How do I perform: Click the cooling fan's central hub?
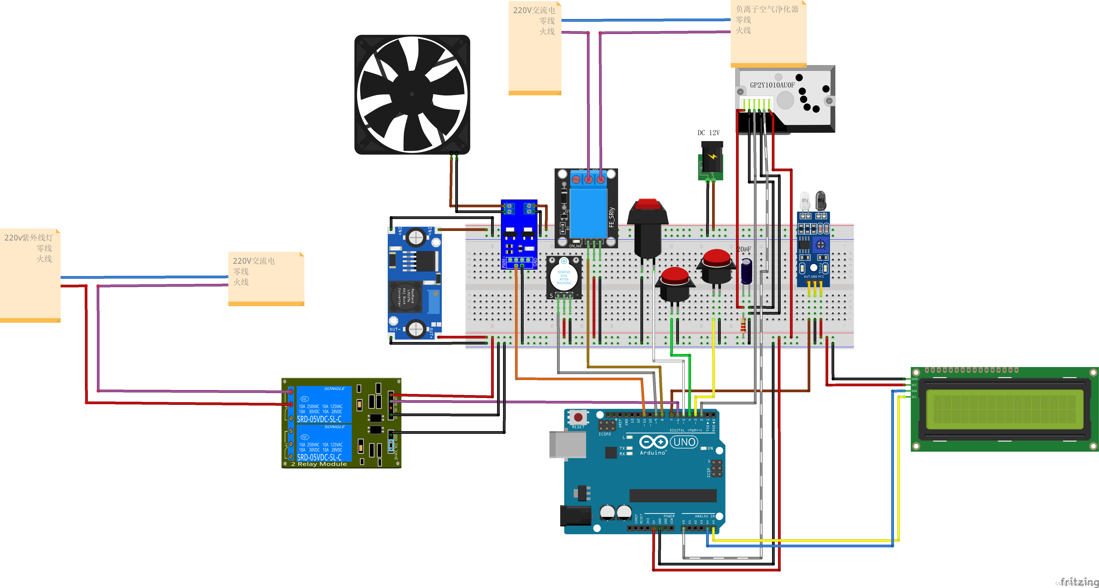[412, 94]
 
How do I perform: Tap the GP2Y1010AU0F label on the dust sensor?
[772, 85]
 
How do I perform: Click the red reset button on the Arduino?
[578, 417]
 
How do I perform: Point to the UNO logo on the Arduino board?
[684, 442]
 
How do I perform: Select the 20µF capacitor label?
[744, 249]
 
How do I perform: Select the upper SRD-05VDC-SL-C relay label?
[319, 419]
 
